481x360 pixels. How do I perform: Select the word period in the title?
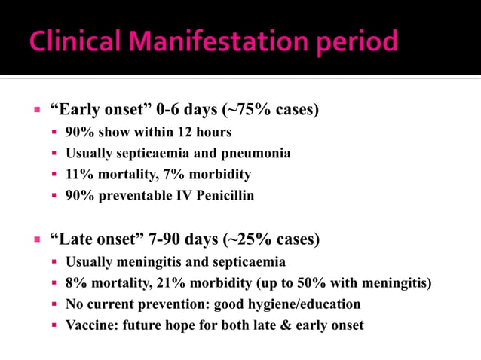351,43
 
